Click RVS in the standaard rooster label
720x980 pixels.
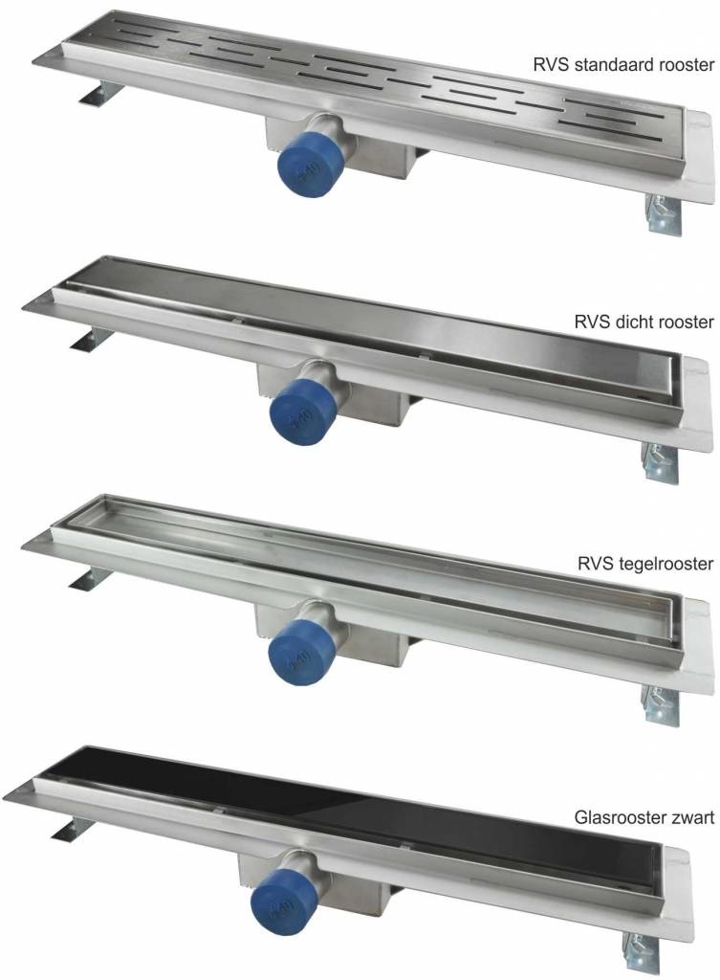pos(550,64)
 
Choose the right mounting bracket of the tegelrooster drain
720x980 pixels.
pos(660,705)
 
